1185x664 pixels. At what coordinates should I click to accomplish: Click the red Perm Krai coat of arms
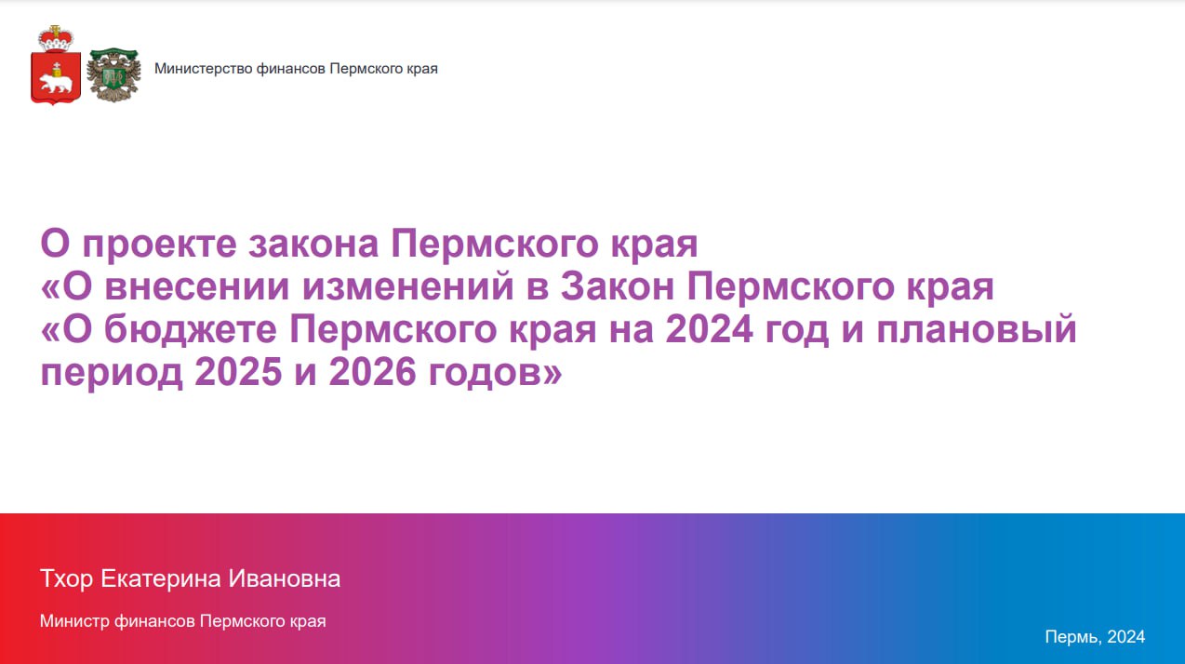56,64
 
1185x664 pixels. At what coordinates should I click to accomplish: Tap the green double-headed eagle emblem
113,74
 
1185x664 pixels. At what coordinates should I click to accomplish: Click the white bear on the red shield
56,82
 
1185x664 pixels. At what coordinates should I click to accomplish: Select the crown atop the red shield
56,38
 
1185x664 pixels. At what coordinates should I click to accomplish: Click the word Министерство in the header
203,69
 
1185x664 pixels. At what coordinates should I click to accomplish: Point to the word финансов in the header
290,69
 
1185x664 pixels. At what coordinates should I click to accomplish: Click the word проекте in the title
159,245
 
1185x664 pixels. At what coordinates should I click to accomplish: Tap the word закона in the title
313,245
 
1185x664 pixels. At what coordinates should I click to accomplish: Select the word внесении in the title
197,286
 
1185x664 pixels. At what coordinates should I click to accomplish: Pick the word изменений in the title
408,286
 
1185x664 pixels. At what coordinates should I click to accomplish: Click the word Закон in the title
618,286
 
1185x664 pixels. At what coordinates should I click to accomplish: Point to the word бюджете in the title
191,328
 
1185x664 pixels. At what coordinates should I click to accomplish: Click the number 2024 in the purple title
710,328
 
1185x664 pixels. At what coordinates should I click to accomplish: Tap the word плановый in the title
977,328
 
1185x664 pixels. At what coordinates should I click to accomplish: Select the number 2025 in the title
238,371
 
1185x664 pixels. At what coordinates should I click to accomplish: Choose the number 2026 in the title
372,371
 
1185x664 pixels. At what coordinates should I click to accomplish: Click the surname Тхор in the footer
66,578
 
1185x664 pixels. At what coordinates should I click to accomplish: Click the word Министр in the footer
74,621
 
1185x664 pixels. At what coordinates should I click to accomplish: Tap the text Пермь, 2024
1095,637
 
